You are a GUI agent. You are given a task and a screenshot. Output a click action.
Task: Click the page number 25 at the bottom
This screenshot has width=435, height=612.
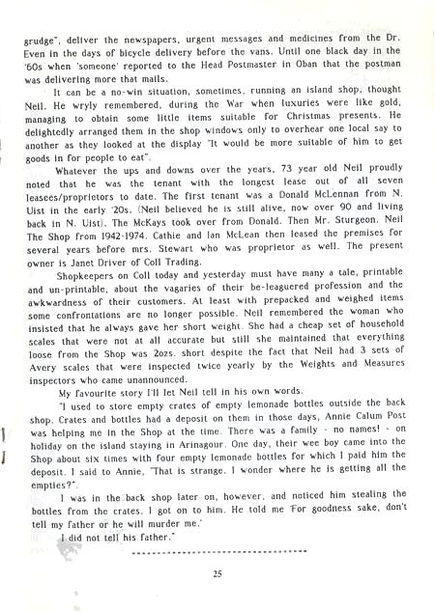point(219,573)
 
